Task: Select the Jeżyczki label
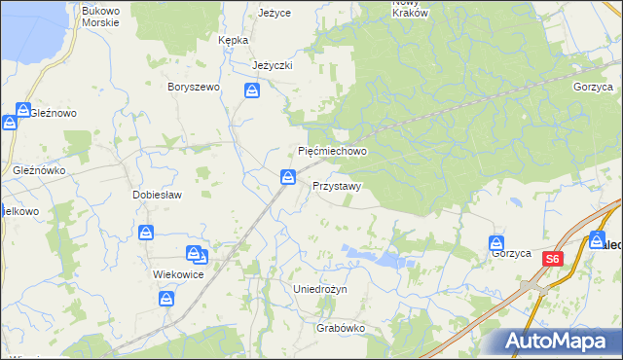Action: (x=273, y=65)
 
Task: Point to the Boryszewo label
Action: (x=195, y=87)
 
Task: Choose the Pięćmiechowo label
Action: (x=331, y=152)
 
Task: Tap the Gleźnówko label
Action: (x=39, y=169)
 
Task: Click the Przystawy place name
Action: (x=338, y=186)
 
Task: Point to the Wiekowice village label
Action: (x=178, y=274)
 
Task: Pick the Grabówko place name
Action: (x=341, y=328)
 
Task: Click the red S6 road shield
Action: (x=552, y=259)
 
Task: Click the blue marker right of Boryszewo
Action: (x=252, y=91)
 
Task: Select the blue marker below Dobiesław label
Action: (x=146, y=233)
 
